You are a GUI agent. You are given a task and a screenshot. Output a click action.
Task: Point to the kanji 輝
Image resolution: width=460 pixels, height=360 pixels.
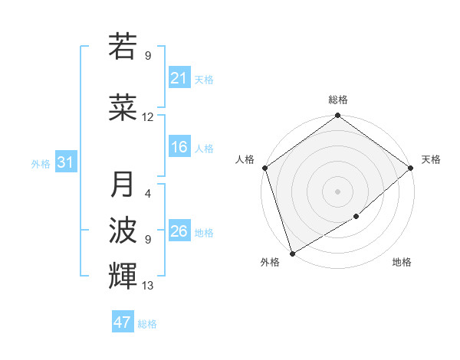tap(123, 274)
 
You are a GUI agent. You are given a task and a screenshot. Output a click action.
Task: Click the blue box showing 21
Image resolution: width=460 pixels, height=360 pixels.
tap(179, 78)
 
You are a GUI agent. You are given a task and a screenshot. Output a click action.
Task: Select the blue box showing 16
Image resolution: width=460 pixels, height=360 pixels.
tap(179, 148)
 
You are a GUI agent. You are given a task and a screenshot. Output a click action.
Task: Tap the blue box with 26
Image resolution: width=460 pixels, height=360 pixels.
tap(179, 231)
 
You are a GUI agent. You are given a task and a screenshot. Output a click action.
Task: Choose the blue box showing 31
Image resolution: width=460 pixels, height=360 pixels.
tap(65, 162)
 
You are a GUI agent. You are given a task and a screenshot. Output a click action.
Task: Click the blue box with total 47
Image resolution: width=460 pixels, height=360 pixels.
tap(123, 322)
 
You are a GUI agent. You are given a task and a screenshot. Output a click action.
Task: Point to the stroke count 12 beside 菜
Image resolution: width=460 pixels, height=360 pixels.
tap(148, 117)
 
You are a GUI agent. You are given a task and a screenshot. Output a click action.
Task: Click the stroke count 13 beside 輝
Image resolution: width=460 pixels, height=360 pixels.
tap(148, 286)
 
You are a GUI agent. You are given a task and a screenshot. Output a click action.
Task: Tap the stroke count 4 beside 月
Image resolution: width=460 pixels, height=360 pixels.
tap(148, 194)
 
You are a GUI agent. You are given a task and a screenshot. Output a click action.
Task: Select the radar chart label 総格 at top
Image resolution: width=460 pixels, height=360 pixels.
tap(338, 100)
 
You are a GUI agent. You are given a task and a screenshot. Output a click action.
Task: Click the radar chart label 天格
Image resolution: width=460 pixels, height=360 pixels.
tap(431, 159)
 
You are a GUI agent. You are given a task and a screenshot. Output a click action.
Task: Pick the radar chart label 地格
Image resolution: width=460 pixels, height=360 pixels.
tap(402, 263)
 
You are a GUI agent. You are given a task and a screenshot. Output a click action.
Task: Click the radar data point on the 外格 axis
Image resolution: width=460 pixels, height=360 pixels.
tap(291, 254)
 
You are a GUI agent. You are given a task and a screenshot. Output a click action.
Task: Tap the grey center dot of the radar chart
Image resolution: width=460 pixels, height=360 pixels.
tap(337, 191)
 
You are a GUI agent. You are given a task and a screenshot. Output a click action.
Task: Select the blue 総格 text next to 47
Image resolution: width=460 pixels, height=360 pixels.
tap(147, 324)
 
